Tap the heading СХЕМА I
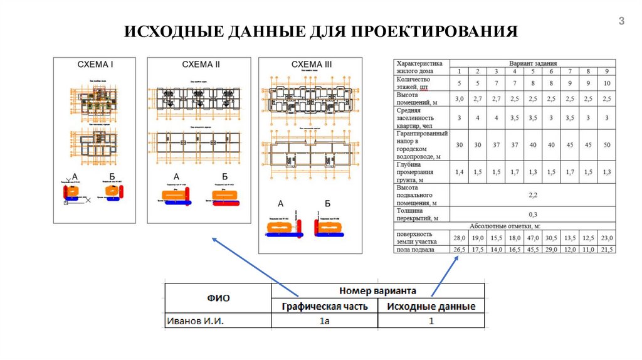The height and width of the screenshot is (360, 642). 95,64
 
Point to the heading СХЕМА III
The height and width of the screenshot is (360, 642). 312,65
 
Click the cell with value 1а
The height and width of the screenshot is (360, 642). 324,321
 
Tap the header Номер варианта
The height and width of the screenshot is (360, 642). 377,290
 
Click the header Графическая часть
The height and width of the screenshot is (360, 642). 324,306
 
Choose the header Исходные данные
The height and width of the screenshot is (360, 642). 431,306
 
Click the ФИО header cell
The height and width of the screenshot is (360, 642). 218,298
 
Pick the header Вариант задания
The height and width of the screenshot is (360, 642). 532,63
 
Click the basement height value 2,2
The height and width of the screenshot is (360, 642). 533,195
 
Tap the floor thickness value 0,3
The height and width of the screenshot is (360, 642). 533,214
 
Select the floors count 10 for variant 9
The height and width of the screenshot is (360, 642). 607,83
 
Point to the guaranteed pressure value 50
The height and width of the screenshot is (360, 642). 607,145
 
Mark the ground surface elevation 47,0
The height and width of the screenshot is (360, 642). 533,238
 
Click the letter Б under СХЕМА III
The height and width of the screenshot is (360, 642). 328,203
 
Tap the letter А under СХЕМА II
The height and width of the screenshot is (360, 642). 176,176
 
